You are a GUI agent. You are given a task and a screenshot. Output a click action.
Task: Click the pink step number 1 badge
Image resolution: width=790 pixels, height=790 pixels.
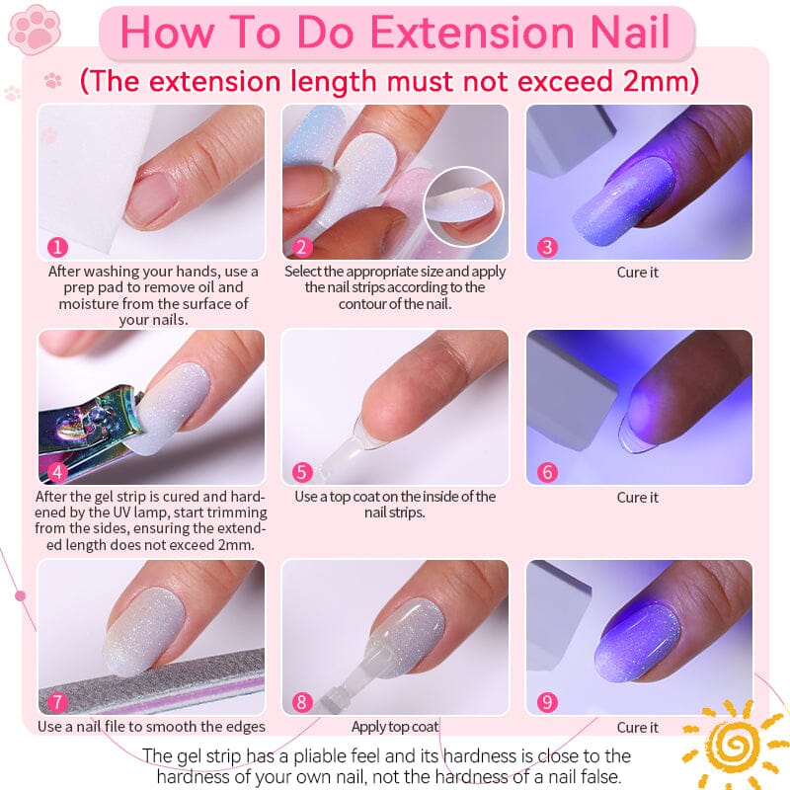58,246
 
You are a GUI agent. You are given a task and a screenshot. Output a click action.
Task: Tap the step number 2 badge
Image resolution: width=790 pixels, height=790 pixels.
302,246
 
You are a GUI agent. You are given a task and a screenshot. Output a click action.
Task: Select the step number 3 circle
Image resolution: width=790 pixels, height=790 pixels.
547,246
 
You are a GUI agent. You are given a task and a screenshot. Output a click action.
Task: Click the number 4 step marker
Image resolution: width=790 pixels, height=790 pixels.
58,471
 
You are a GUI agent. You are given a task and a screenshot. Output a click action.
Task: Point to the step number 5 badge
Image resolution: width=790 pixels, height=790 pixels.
302,471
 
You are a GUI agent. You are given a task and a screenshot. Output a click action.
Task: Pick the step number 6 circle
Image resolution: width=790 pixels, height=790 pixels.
547,471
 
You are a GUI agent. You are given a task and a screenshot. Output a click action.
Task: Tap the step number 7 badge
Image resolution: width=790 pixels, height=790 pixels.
58,702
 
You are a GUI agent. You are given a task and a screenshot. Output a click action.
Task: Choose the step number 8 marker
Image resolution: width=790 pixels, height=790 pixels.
302,702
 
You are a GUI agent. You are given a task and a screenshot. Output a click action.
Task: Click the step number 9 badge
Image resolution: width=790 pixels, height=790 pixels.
547,702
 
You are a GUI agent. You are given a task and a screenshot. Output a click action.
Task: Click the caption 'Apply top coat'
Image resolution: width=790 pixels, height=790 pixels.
395,727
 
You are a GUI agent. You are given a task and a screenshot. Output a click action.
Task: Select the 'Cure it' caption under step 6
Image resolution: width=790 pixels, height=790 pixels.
638,497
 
